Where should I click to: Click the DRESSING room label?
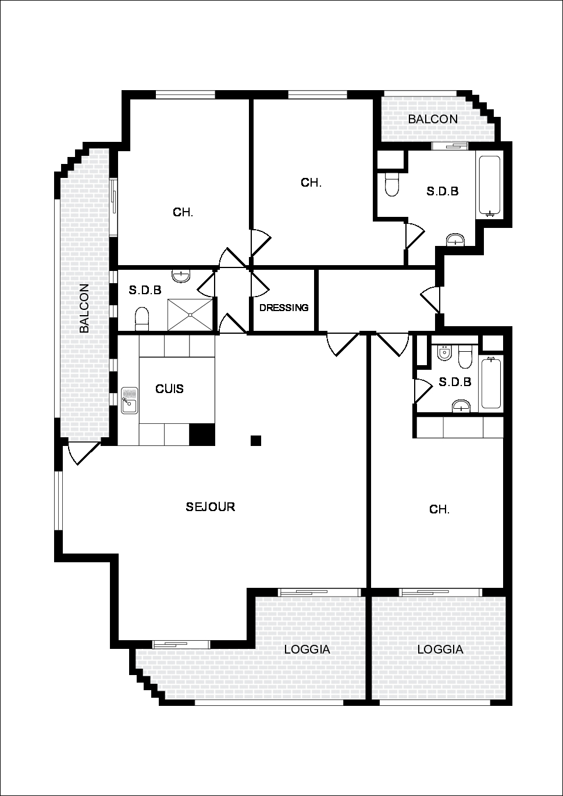[x=284, y=308]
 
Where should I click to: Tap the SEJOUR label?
[x=211, y=507]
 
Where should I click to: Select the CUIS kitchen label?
[x=170, y=389]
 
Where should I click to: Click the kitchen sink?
[x=129, y=401]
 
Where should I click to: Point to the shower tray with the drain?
[x=191, y=315]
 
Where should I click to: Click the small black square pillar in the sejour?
[x=256, y=441]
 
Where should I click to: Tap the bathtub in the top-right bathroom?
[x=490, y=187]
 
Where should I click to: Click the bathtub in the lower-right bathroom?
[x=491, y=383]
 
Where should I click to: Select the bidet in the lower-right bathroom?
[x=444, y=352]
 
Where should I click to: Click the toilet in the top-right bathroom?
[x=392, y=184]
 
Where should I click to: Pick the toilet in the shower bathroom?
[x=142, y=319]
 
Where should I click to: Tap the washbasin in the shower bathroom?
[x=181, y=276]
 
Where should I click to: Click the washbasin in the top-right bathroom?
[x=455, y=240]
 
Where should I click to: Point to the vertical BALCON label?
[x=84, y=308]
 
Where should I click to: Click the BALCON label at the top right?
[x=433, y=119]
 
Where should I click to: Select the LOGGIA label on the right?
[x=440, y=649]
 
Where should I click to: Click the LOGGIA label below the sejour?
[x=307, y=649]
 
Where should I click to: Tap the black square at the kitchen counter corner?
[x=202, y=434]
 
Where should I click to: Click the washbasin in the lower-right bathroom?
[x=461, y=405]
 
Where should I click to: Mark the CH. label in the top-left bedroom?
[x=183, y=212]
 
